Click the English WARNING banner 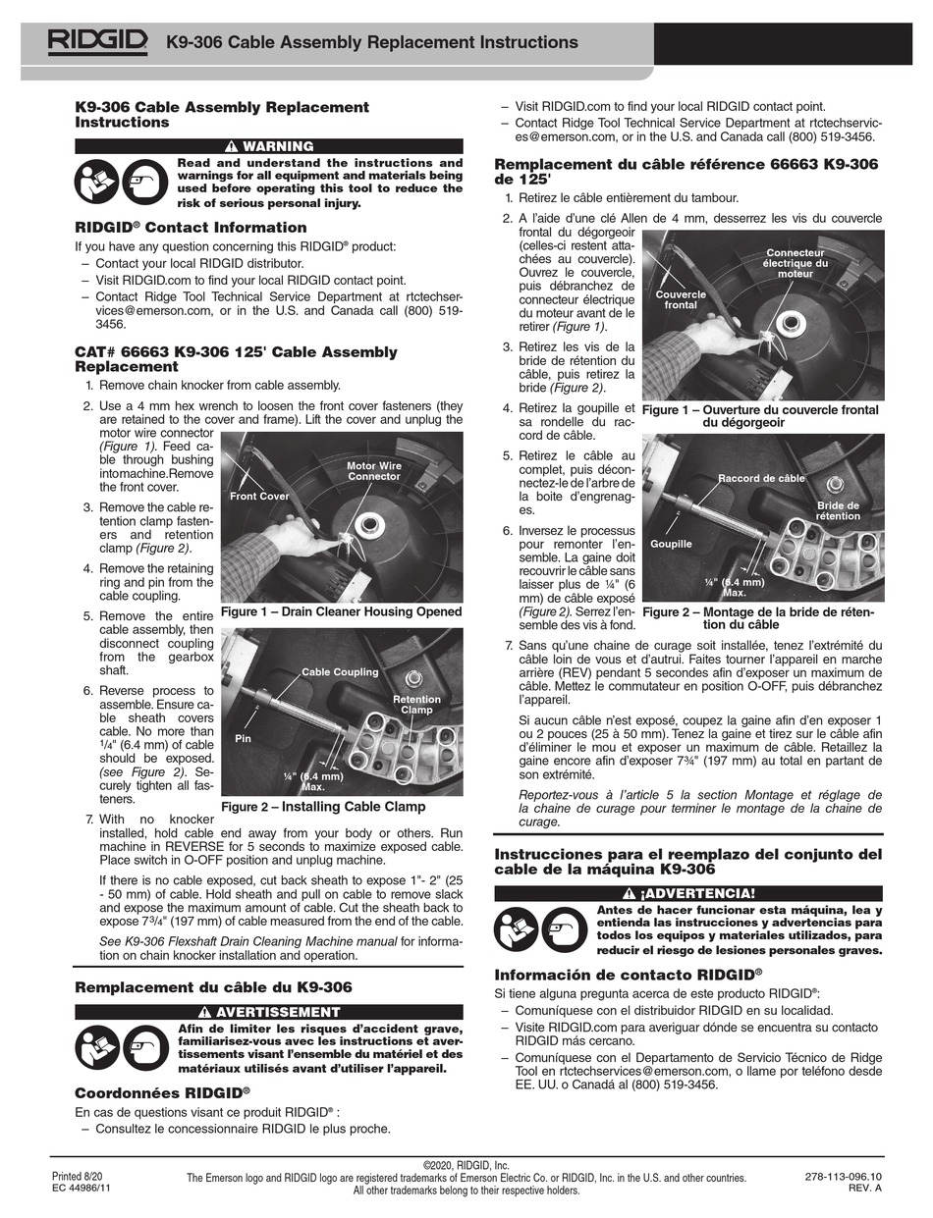269,146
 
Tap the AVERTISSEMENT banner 269,1012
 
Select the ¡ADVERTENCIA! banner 688,893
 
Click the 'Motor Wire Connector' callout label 373,471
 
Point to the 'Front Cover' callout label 259,496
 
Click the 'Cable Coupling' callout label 340,672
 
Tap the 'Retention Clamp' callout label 416,704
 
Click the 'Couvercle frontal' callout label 681,299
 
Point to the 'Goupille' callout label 671,543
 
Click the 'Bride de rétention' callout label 837,510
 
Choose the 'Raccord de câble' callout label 761,478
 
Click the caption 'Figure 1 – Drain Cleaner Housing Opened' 341,611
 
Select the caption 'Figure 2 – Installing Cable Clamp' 323,807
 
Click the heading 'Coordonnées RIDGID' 162,1091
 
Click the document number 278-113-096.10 843,1176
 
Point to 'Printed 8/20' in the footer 77,1176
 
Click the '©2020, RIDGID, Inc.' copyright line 466,1165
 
